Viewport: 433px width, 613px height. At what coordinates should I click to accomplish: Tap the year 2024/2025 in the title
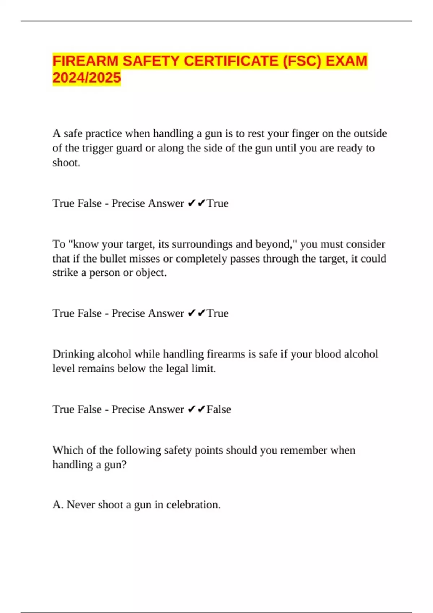(x=87, y=78)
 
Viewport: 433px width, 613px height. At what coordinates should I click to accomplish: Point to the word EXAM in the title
(x=346, y=61)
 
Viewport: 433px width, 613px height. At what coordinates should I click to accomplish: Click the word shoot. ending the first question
(x=66, y=163)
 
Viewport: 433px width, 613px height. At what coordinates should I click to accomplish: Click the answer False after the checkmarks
(x=219, y=409)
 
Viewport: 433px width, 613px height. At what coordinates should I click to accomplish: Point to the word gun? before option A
(x=115, y=465)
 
